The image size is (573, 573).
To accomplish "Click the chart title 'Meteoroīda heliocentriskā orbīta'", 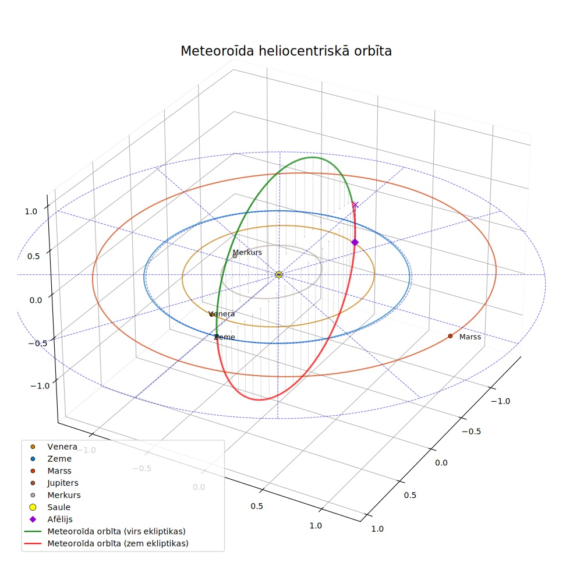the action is pos(286,51).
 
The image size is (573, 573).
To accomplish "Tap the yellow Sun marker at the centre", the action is pos(279,274).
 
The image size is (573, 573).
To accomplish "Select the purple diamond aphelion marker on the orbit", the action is pos(355,242).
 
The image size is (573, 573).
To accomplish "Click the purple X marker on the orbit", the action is pos(355,204).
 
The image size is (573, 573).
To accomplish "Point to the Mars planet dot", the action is pos(450,336).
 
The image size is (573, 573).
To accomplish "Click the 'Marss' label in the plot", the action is pos(470,337).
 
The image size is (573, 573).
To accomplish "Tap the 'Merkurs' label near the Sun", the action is pos(247,253).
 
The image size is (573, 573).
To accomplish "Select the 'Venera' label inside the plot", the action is pos(222,314).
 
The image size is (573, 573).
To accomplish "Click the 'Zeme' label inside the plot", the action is pos(224,337).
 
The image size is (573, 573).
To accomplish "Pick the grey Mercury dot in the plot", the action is pos(235,256).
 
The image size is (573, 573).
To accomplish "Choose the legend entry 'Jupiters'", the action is pos(63,483).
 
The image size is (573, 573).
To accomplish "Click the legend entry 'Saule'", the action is pos(59,507).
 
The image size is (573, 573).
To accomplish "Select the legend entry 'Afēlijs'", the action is pos(60,519).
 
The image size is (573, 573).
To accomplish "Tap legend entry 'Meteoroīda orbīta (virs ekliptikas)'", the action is pos(116,531).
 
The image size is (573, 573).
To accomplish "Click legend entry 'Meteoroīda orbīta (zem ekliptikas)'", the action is pos(118,543).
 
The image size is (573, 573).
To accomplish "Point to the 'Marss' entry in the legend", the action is pos(59,471).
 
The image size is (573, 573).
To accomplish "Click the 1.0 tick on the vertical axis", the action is pos(31,211).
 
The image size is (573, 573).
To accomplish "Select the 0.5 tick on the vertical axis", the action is pos(34,256).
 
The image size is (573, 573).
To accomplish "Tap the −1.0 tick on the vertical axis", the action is pos(40,386).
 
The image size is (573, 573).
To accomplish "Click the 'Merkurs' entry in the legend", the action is pos(64,495).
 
